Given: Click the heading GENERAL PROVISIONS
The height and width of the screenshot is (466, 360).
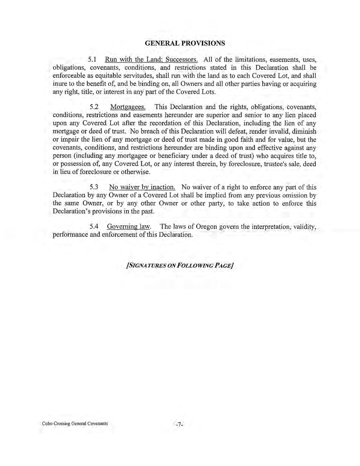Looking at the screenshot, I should [185, 43].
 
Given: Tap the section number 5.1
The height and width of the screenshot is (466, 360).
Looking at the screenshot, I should [93, 60].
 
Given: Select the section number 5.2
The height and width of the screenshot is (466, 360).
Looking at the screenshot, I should [94, 107].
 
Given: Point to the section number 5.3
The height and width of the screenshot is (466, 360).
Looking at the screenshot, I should [94, 187].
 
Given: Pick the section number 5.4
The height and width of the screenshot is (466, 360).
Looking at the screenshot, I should [94, 227].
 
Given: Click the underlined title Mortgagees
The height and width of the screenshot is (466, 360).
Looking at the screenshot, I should [128, 107].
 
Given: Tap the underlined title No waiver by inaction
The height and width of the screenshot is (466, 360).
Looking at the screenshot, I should [142, 187].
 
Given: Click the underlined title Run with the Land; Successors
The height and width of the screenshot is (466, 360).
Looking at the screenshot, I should [151, 60].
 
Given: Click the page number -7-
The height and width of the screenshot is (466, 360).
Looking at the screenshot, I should [180, 424].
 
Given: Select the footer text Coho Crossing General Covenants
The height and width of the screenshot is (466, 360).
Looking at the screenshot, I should [75, 424].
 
